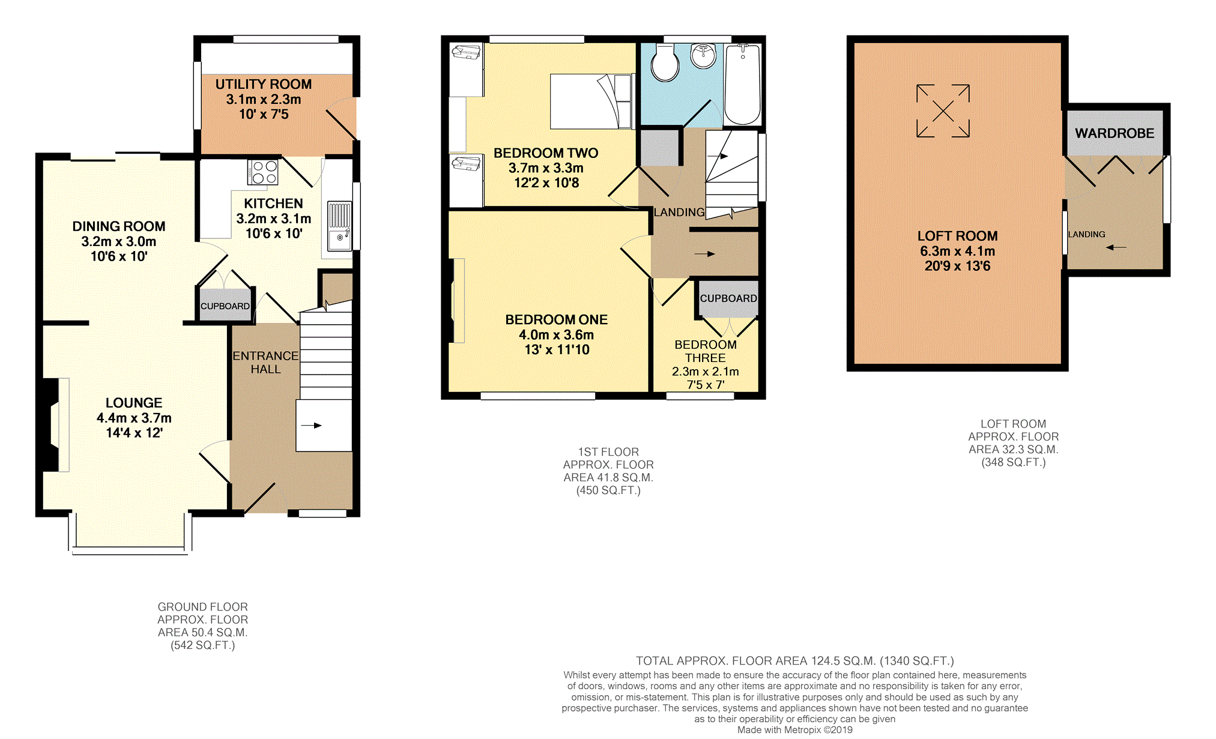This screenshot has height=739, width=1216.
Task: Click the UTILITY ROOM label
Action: (264, 84)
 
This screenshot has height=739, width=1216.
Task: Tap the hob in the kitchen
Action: (262, 172)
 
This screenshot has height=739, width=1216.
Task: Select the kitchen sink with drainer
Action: (339, 226)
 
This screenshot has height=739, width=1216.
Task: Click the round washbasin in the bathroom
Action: (703, 55)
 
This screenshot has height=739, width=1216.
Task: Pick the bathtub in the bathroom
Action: (743, 84)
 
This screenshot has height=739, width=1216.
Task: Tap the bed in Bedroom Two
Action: (592, 101)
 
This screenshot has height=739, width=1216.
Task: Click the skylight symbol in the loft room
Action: (943, 111)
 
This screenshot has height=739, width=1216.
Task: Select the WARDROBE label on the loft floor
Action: (1115, 133)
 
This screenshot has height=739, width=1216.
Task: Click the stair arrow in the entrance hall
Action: (312, 426)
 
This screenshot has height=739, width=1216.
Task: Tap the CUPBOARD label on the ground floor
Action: (225, 306)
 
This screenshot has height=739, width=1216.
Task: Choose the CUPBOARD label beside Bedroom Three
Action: (728, 298)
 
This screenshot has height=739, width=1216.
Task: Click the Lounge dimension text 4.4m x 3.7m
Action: (134, 418)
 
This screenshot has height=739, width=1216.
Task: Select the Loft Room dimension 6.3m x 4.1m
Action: (957, 251)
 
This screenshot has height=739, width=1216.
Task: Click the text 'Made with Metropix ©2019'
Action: (795, 730)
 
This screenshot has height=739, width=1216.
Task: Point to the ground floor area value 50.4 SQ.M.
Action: (203, 632)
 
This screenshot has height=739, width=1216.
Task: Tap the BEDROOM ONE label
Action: (557, 319)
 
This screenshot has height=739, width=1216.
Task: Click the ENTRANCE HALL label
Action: (265, 363)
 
